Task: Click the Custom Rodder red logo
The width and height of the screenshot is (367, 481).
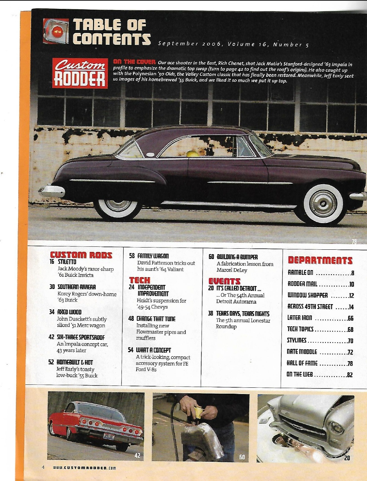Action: coord(80,73)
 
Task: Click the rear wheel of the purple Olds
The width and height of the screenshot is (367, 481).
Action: coord(118,205)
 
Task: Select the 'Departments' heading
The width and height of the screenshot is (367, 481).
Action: coord(320,260)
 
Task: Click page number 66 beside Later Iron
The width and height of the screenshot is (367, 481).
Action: coord(350,318)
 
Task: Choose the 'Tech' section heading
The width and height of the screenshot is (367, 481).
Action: coord(140,280)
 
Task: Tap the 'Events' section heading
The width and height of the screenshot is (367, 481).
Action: coord(224,281)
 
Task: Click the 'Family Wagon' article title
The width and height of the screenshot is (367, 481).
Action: coord(153,256)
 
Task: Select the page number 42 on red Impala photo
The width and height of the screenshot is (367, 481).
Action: coord(137,455)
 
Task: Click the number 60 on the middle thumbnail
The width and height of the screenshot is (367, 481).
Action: coord(242,457)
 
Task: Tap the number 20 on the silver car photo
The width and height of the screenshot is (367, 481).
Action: coord(347,458)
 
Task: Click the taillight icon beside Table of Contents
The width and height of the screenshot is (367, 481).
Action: coord(56,31)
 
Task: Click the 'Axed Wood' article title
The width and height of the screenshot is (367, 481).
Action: coord(69,312)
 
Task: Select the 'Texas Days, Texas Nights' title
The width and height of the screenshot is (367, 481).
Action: coord(243,313)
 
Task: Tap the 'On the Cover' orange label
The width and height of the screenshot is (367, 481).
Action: coord(134,62)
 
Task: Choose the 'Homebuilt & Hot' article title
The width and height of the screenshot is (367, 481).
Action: coord(75,362)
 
